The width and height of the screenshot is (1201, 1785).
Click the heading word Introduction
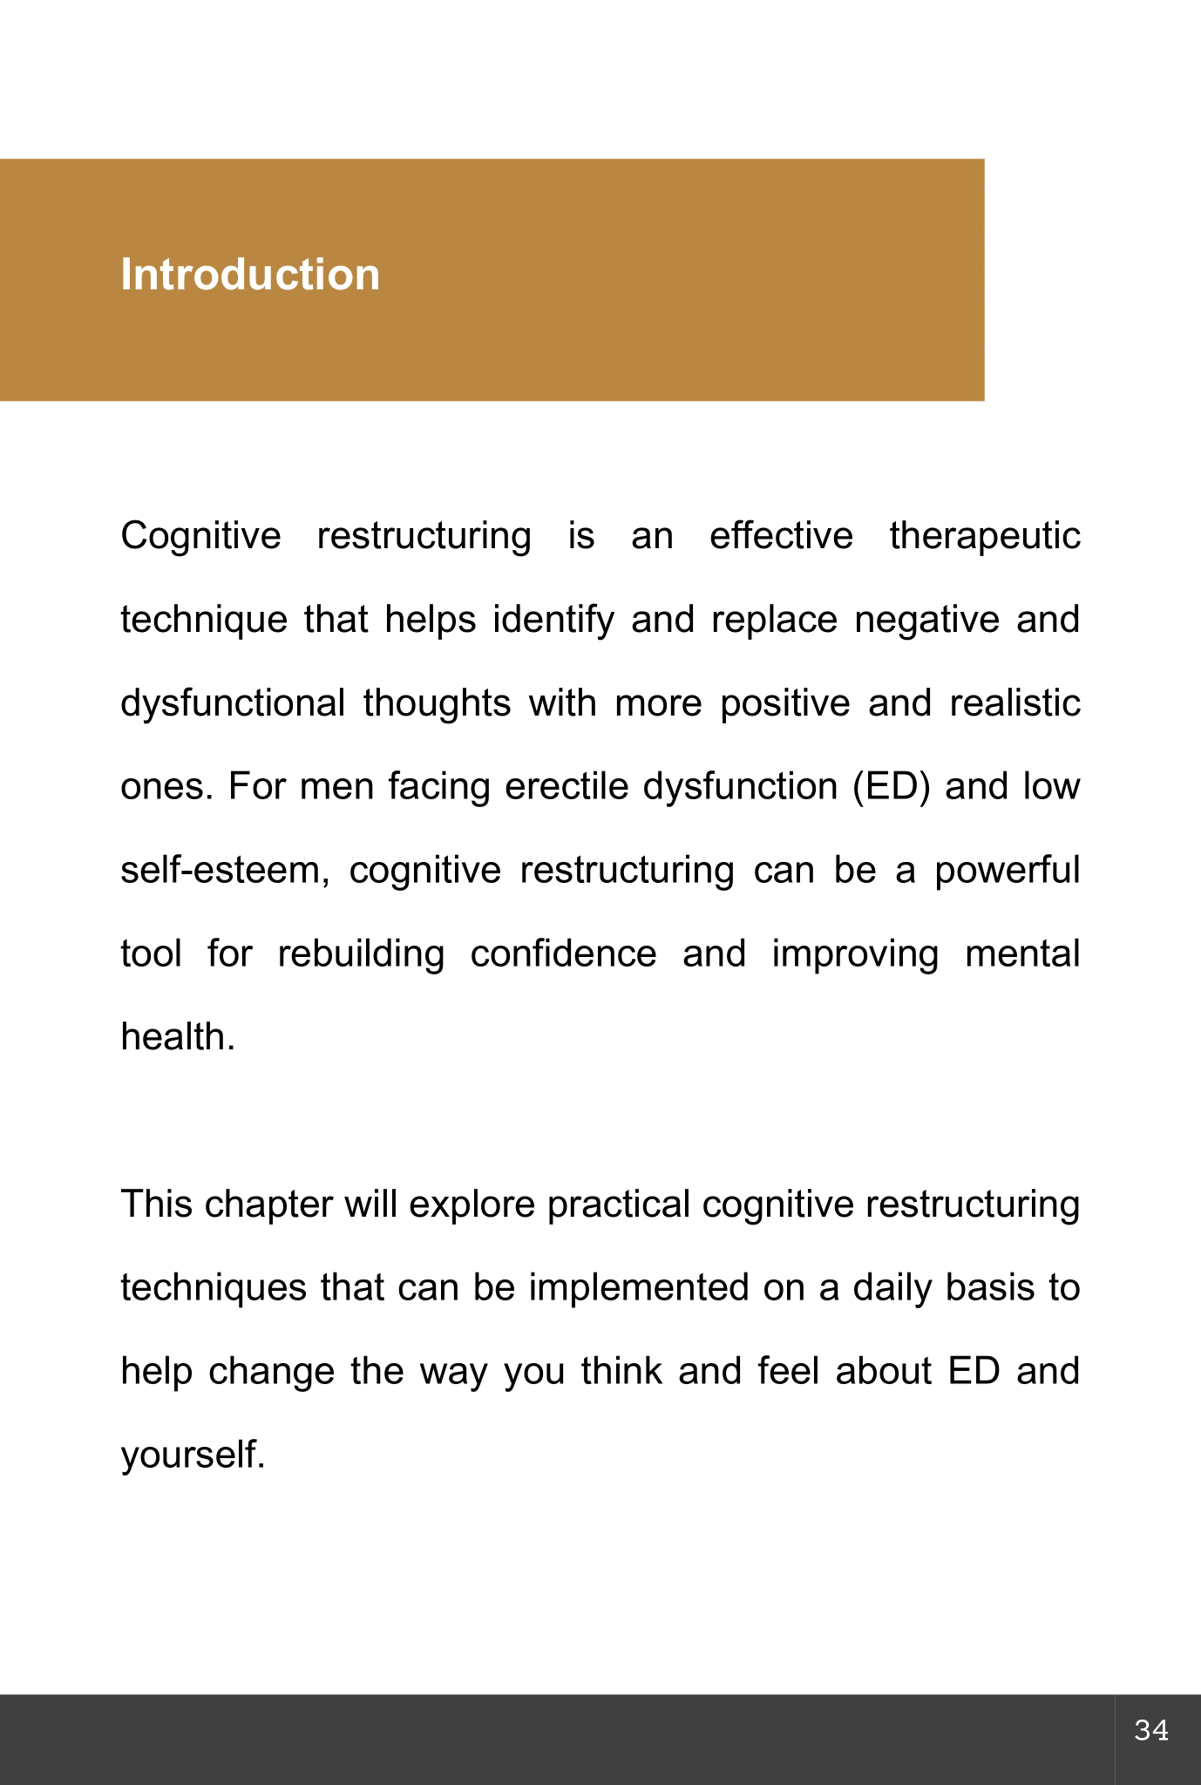pyautogui.click(x=250, y=275)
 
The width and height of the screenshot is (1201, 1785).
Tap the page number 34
pyautogui.click(x=1151, y=1730)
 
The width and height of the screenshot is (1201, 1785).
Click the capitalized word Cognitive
pyautogui.click(x=200, y=537)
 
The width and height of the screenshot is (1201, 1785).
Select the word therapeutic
pyautogui.click(x=984, y=537)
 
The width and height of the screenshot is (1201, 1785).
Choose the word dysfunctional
pyautogui.click(x=233, y=703)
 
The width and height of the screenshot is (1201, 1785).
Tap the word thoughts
pyautogui.click(x=437, y=703)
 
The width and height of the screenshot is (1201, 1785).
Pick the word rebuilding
pyautogui.click(x=361, y=954)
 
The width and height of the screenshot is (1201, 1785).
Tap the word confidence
pyautogui.click(x=563, y=954)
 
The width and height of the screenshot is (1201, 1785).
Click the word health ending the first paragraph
pyautogui.click(x=177, y=1038)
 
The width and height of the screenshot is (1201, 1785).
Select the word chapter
pyautogui.click(x=268, y=1205)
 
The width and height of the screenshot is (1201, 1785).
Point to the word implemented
pyautogui.click(x=638, y=1288)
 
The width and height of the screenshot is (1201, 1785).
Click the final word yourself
pyautogui.click(x=192, y=1456)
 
